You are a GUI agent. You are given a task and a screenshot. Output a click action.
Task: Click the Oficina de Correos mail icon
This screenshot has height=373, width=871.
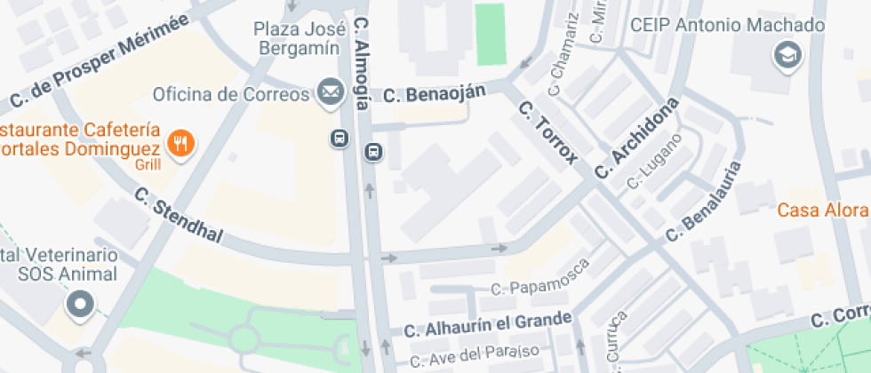(331, 91)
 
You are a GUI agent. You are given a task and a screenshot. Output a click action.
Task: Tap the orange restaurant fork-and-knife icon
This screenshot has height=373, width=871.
(181, 142)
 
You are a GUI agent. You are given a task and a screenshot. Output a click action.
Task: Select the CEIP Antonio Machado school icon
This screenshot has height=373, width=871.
(787, 55)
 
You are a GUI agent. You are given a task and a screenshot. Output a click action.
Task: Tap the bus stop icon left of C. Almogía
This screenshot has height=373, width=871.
(339, 139)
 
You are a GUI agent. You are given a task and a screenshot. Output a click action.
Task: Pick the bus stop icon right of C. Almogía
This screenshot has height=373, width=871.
(373, 153)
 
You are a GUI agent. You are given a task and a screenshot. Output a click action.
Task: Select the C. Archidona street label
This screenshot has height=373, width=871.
(636, 137)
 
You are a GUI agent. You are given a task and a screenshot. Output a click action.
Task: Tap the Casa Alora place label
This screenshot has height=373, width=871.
(822, 210)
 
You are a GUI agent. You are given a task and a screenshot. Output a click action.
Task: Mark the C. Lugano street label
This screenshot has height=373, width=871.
(655, 161)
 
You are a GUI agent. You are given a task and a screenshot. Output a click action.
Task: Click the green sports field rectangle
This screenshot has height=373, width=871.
(491, 35)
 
